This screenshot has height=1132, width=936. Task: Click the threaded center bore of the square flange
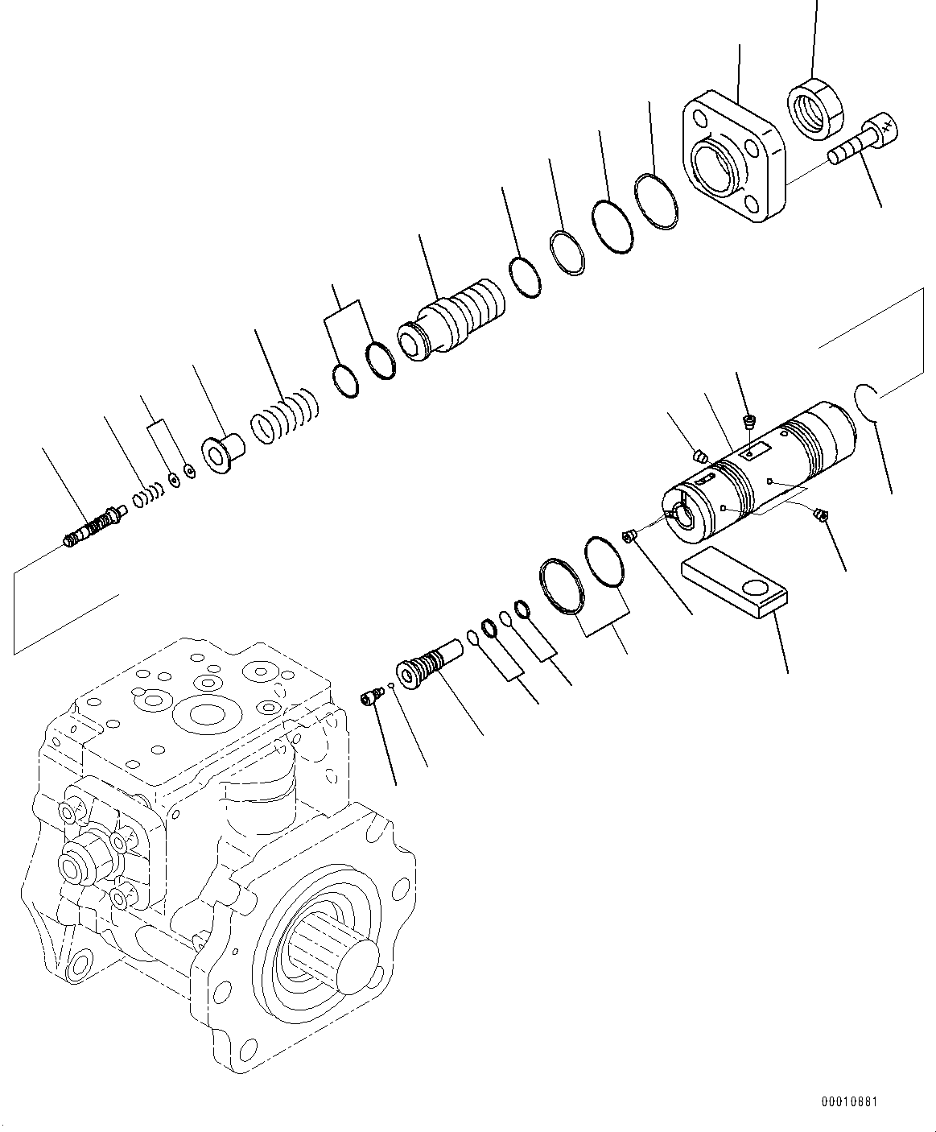point(716,165)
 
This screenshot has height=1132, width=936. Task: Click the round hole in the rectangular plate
point(757,586)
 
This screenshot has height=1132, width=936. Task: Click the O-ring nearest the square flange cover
point(655,201)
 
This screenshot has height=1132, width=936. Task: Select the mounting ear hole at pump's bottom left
point(80,965)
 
